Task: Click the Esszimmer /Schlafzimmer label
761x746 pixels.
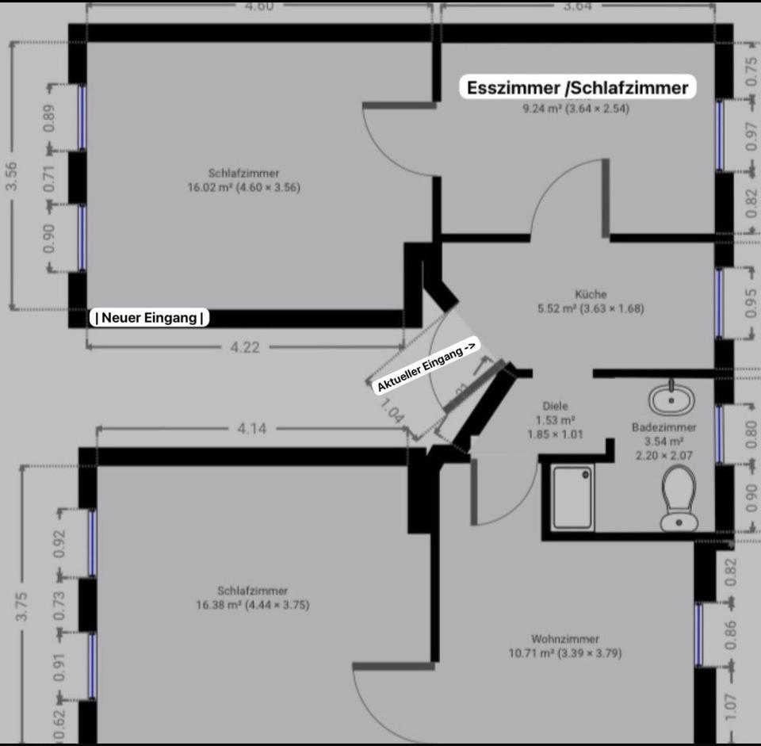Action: click(x=578, y=87)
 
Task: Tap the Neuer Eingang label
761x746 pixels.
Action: click(x=150, y=317)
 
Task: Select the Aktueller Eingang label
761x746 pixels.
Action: click(x=428, y=365)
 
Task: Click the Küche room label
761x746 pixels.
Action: click(x=591, y=293)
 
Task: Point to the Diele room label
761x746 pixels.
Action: click(x=555, y=406)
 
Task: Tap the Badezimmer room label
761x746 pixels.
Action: click(x=663, y=427)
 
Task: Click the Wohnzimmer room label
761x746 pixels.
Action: click(x=565, y=639)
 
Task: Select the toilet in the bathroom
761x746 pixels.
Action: click(x=679, y=498)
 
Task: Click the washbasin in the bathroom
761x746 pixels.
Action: click(x=671, y=398)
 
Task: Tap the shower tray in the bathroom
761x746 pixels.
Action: click(x=572, y=498)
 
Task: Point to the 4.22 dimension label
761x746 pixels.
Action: click(x=245, y=347)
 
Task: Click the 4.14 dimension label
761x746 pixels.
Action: click(x=252, y=429)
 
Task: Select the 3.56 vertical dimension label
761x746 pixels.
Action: click(x=12, y=176)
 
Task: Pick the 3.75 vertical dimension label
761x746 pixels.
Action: click(x=21, y=606)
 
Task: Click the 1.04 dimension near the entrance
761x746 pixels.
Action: click(x=391, y=410)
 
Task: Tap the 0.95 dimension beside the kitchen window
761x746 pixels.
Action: click(x=751, y=304)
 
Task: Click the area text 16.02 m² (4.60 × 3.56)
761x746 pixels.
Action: click(x=244, y=187)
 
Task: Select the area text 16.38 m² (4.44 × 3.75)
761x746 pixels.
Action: click(x=252, y=605)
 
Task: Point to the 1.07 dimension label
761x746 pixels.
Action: click(x=730, y=707)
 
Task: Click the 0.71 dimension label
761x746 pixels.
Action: click(x=49, y=178)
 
